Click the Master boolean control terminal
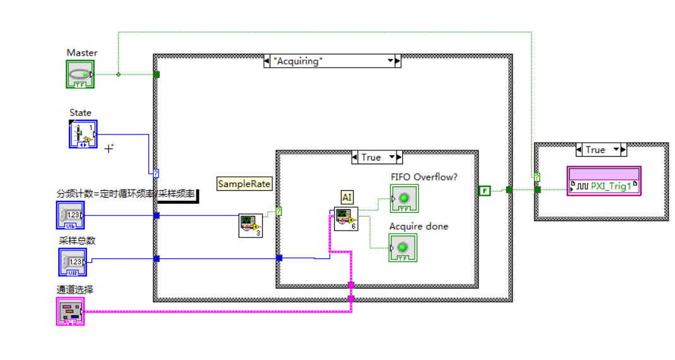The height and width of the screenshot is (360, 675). (x=80, y=74)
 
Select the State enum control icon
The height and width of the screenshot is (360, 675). (x=83, y=133)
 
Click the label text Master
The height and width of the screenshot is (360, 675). (x=82, y=53)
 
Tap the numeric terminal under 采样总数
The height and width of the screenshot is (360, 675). (x=73, y=261)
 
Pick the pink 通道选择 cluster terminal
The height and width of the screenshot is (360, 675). (x=69, y=312)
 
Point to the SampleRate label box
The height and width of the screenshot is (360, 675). (x=244, y=184)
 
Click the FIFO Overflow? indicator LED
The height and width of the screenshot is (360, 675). (x=403, y=198)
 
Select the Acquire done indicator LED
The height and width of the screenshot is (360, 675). (x=403, y=247)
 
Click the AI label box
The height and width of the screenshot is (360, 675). (x=347, y=198)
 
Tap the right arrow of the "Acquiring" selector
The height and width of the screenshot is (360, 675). (x=397, y=61)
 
